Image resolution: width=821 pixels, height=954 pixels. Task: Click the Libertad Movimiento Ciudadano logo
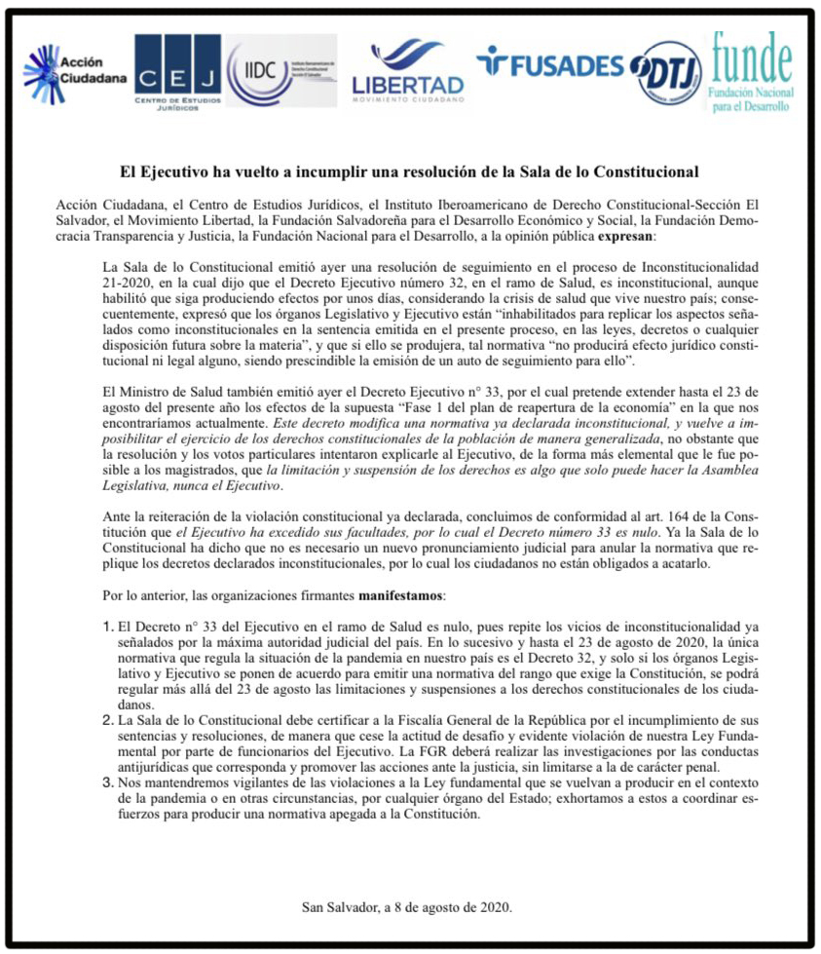407,72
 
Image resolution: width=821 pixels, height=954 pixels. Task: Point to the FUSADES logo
549,64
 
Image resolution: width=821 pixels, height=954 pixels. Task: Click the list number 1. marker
109,625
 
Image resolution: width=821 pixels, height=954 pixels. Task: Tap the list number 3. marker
109,781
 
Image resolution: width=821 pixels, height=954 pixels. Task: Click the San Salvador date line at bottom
407,908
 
